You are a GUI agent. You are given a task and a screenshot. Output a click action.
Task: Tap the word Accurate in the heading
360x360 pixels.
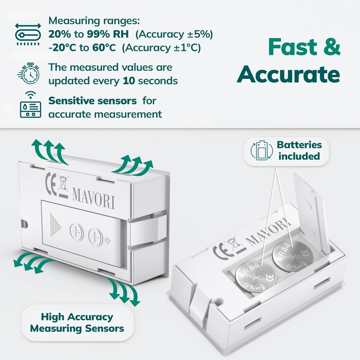point(289,75)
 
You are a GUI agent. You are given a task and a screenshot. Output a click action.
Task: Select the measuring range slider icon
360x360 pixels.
point(27,33)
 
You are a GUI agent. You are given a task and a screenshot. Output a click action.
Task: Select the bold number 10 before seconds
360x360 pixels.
point(129,81)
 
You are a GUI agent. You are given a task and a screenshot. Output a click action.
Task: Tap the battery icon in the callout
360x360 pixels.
point(261,151)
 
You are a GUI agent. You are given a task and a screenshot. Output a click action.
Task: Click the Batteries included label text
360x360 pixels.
point(299,151)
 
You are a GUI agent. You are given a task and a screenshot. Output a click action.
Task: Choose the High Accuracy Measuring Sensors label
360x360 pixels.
point(77,323)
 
